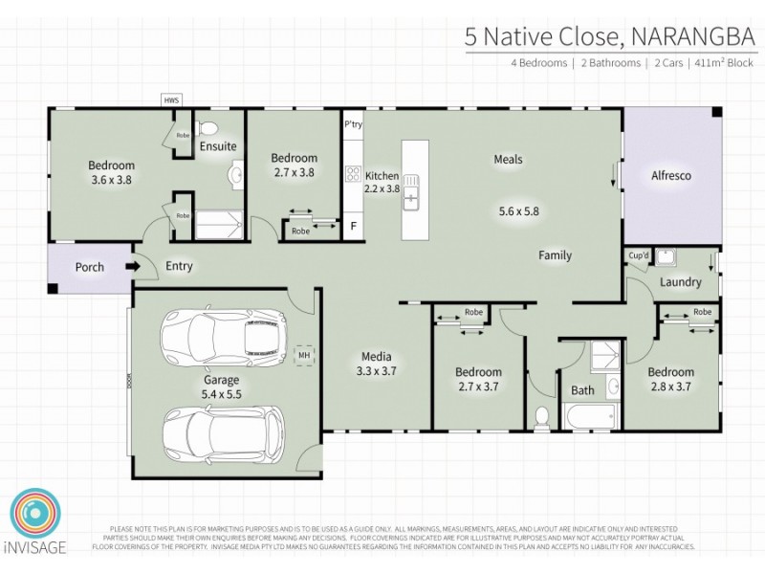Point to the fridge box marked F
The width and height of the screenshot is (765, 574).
click(x=354, y=227)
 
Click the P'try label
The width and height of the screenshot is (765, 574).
click(x=353, y=124)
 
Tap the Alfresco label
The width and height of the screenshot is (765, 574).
click(x=670, y=176)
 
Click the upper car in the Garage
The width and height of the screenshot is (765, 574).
click(x=221, y=336)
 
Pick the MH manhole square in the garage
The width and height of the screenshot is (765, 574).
click(x=305, y=356)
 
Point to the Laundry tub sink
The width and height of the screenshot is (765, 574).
click(x=666, y=255)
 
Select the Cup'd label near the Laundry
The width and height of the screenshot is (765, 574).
click(x=639, y=255)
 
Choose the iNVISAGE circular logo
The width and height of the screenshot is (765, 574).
click(x=37, y=519)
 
